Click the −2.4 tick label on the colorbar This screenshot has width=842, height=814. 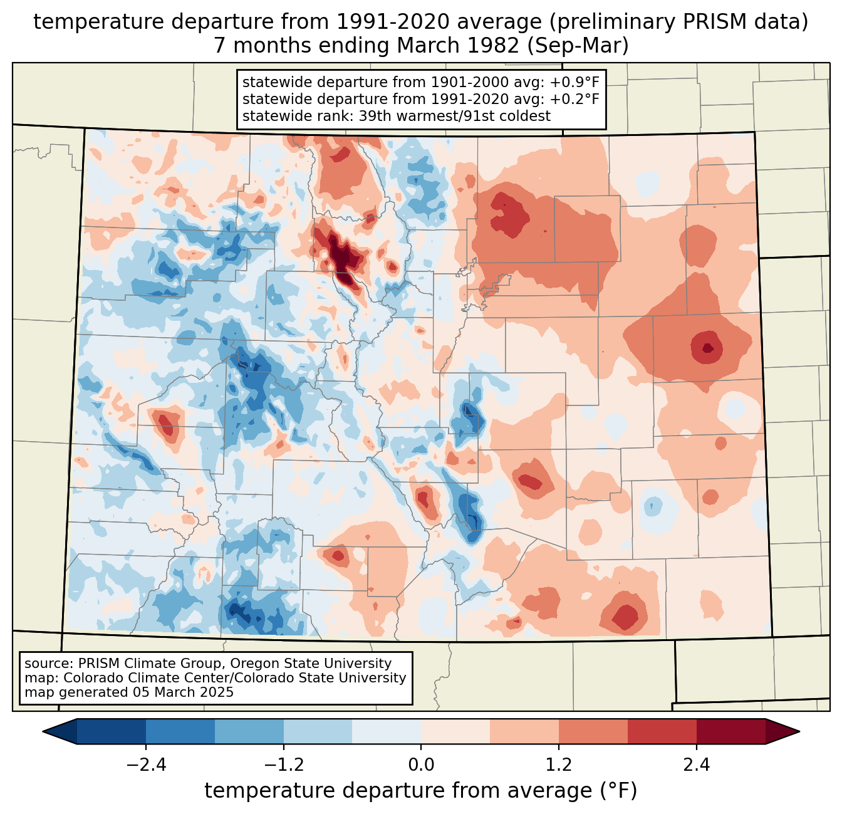point(145,765)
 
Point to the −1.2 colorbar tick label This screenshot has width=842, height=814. point(283,765)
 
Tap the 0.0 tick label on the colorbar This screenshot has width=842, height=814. point(421,765)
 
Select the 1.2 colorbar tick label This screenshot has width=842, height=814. point(559,765)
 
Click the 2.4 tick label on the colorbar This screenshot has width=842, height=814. point(697,765)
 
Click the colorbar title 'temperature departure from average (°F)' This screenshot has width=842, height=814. point(421,791)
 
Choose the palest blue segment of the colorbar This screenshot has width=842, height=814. point(387,731)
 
